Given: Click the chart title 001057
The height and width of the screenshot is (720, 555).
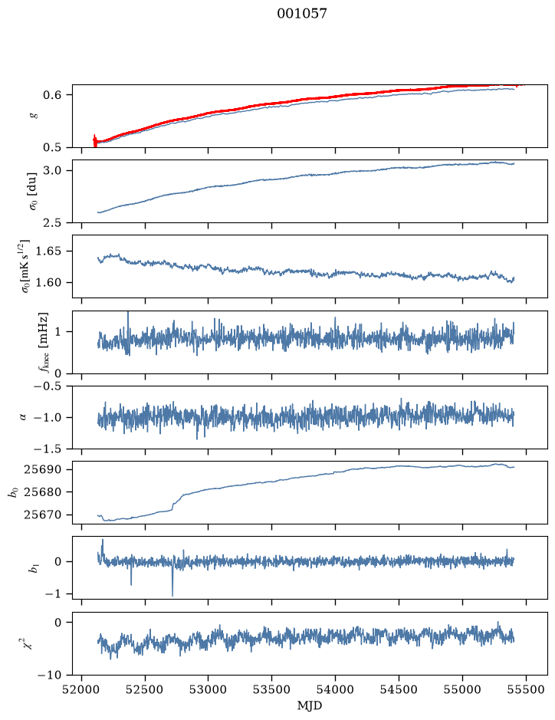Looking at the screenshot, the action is (x=301, y=14).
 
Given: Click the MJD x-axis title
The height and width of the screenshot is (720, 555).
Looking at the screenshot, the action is (x=310, y=705).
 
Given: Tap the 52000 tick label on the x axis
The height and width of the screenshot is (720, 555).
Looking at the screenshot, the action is (x=82, y=689).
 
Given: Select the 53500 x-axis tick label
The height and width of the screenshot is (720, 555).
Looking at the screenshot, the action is (x=272, y=689).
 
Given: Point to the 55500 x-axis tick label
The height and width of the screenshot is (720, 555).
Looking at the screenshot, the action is (x=526, y=689).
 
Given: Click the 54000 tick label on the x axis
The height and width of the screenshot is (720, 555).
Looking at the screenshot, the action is (x=335, y=689).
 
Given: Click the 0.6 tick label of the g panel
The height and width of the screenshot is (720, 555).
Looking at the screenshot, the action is (x=51, y=95).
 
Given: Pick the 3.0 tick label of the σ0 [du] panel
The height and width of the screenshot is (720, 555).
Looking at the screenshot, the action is (x=51, y=171).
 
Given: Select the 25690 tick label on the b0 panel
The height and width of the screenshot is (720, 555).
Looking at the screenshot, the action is (x=41, y=470).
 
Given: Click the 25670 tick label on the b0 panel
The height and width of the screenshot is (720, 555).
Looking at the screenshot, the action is (x=41, y=515).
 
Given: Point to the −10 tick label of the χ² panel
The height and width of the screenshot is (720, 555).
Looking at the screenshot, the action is (x=48, y=675).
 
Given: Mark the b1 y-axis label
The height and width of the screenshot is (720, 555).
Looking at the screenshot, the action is (x=32, y=568).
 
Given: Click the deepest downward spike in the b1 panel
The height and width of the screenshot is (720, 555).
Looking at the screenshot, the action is (x=172, y=595).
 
